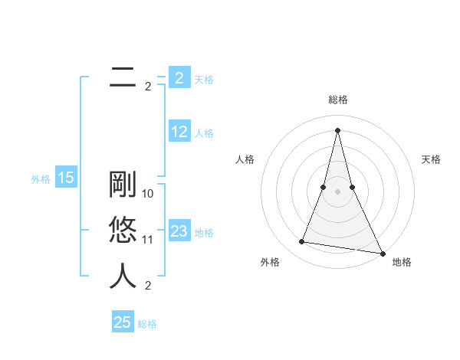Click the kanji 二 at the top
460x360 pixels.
click(123, 77)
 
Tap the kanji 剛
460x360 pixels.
click(123, 185)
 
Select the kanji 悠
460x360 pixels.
click(123, 231)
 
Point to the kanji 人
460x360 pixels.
click(123, 276)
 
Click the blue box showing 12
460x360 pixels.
click(179, 132)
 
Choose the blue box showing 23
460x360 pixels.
click(179, 231)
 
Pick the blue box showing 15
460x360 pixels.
click(66, 178)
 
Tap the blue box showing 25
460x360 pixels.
click(123, 322)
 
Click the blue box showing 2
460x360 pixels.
click(179, 77)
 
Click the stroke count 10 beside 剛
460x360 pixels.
click(148, 194)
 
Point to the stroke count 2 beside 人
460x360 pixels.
click(148, 286)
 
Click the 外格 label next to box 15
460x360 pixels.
click(41, 179)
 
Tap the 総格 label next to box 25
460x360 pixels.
click(147, 324)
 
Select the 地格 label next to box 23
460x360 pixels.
click(204, 232)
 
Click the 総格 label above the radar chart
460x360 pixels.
click(337, 100)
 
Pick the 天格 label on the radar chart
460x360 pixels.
click(431, 159)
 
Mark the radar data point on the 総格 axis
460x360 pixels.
click(337, 129)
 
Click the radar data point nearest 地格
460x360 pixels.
click(383, 254)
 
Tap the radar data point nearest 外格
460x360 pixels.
click(302, 242)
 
